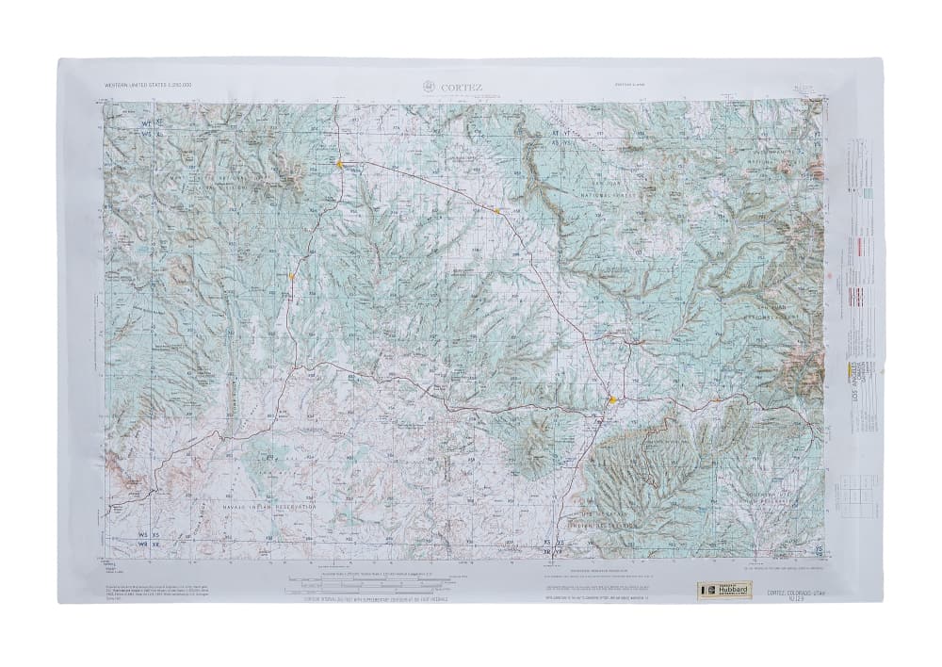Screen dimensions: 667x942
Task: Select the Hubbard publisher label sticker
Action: (x=723, y=589)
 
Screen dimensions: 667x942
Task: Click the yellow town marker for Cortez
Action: (x=613, y=399)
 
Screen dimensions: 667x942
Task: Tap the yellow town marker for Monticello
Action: (x=339, y=164)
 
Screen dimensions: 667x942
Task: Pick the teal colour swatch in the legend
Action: (x=868, y=192)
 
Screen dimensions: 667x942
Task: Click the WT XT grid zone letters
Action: (x=152, y=122)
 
